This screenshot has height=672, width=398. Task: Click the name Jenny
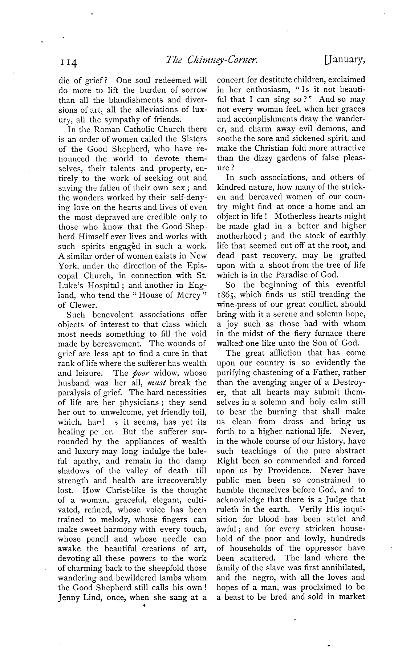click(x=70, y=598)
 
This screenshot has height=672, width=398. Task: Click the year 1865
click(x=226, y=295)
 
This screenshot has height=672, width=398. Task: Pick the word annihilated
click(x=342, y=568)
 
